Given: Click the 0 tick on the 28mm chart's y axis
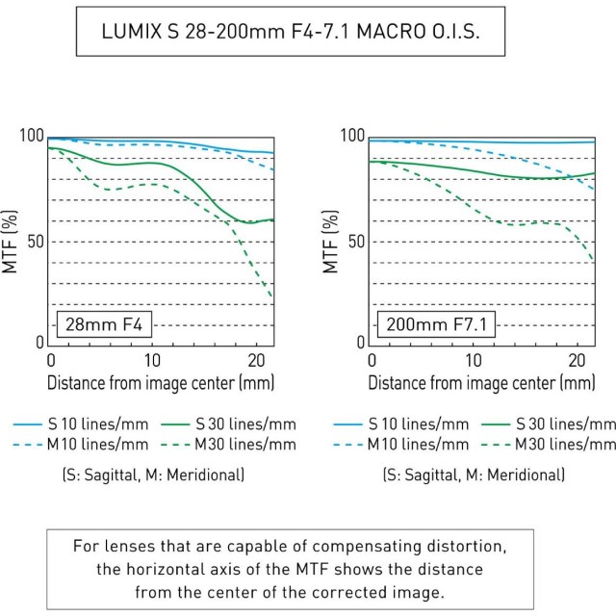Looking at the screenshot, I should click(x=39, y=343).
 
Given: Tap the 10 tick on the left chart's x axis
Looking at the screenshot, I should click(x=151, y=359).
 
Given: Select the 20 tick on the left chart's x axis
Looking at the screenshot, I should click(x=254, y=359).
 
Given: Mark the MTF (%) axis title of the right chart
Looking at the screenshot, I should click(x=332, y=241).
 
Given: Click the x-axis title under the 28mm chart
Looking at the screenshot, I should click(x=161, y=383).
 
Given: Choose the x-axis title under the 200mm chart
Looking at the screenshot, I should click(x=482, y=383).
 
